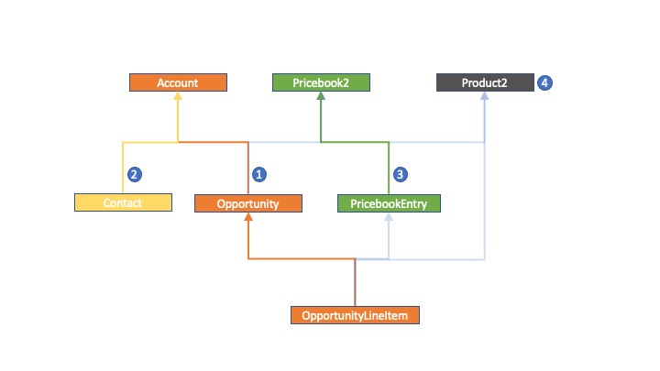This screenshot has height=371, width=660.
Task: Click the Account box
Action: coord(178,82)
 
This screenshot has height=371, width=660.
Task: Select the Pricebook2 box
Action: coord(321,82)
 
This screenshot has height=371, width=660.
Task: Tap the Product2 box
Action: coord(485,82)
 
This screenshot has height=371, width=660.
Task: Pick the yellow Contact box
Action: coord(124,202)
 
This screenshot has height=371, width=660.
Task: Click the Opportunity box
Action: coord(248,203)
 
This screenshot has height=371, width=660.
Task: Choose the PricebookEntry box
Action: coord(389,203)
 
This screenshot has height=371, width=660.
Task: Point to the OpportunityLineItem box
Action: coord(356,315)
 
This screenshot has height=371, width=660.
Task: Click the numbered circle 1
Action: coord(259,174)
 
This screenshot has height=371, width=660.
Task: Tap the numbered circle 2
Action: coord(134,174)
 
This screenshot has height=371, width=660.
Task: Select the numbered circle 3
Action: coord(401,174)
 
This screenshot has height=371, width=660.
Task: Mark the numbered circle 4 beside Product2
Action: coord(544,82)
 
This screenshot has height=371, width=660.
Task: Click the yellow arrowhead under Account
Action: coord(178,96)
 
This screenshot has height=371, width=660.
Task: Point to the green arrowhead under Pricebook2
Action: coord(321,96)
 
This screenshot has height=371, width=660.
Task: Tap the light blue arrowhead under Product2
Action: coord(485,96)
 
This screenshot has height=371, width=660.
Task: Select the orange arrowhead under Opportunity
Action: coord(248,216)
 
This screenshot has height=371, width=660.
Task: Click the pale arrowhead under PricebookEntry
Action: coord(389,216)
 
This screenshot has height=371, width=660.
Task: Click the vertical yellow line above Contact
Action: coord(123,168)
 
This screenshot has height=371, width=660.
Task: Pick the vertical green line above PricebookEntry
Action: coord(389,169)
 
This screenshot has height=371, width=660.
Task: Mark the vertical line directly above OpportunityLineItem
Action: coord(356,283)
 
